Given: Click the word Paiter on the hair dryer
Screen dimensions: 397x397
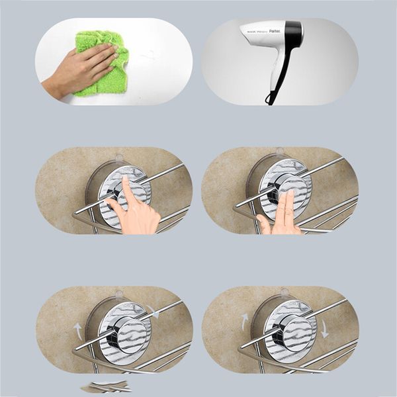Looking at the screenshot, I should (x=275, y=30).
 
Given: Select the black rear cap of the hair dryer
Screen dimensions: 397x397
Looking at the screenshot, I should (x=294, y=33).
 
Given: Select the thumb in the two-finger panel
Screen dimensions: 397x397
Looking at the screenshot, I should (x=264, y=225).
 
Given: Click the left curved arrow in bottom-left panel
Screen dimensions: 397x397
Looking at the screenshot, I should (x=79, y=329).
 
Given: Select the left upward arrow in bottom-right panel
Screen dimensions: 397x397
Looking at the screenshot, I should (x=245, y=322).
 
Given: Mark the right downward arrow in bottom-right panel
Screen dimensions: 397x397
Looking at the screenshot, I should (x=324, y=329).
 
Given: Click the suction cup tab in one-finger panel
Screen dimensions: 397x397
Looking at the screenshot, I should (x=118, y=158).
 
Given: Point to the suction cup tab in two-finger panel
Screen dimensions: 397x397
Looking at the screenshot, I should (x=279, y=152).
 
